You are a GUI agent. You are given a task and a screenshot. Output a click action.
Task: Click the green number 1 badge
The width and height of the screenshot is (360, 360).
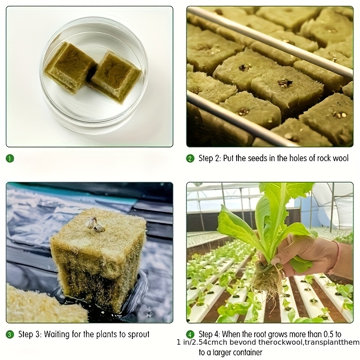tap(10, 158)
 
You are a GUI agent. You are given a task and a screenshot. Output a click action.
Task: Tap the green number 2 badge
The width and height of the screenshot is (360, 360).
tap(190, 158)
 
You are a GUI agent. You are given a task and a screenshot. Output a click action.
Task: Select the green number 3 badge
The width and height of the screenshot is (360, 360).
tap(10, 334)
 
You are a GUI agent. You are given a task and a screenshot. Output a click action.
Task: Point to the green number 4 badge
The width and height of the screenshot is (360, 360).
tap(190, 334)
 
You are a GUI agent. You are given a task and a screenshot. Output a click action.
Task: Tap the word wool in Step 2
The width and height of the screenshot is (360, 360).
tap(340, 158)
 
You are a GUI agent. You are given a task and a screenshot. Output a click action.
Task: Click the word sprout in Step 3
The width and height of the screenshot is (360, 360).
tap(139, 335)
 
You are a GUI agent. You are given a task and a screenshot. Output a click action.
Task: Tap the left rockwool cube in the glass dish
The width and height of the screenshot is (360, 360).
tap(69, 67)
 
